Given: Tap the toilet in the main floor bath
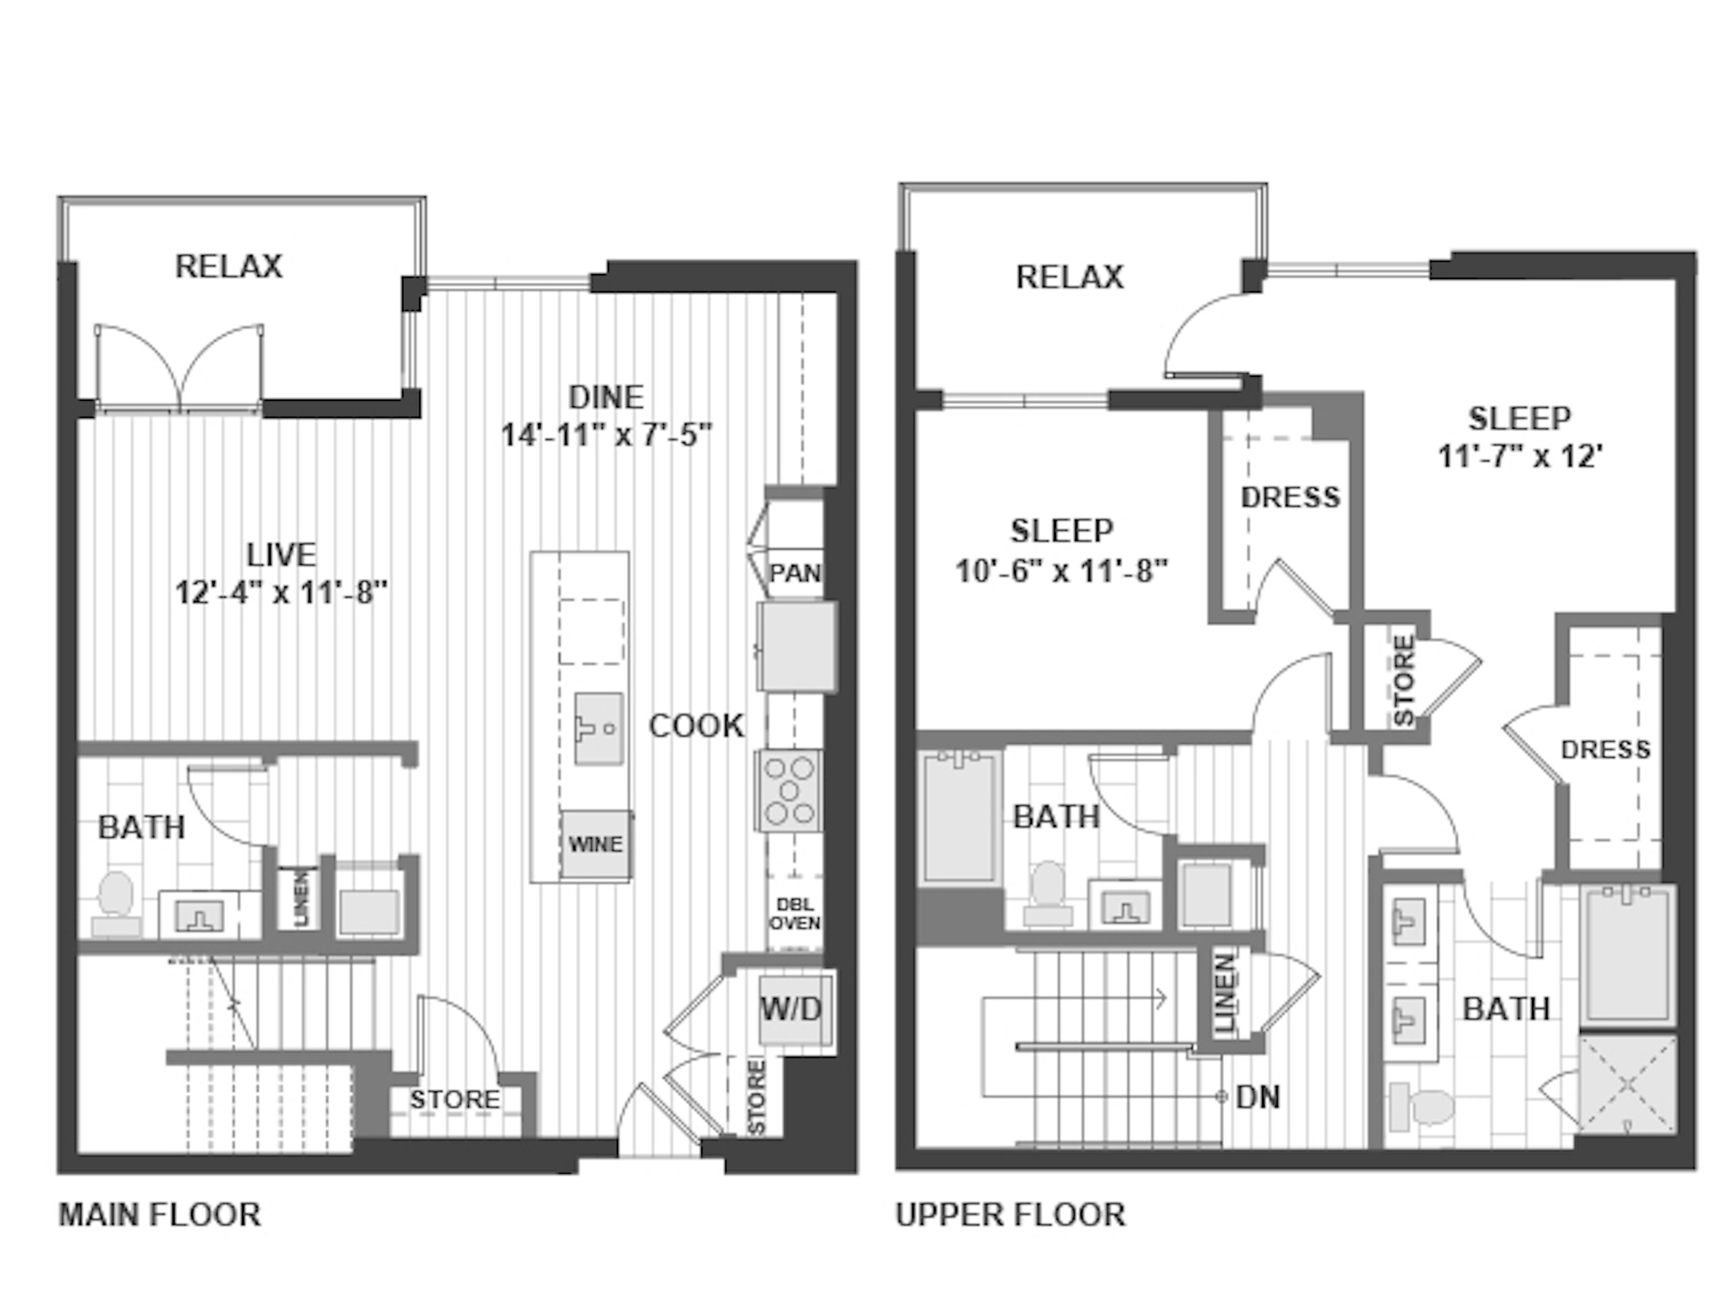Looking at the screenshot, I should click(115, 903).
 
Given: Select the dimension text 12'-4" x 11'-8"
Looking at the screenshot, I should click(281, 592).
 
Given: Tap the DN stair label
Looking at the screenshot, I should click(1257, 1097).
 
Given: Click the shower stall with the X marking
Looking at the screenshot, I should click(1627, 1085).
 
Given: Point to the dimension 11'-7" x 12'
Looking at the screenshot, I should click(1519, 456).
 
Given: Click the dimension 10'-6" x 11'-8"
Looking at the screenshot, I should click(1061, 571).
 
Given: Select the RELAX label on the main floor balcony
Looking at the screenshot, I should click(228, 266).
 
